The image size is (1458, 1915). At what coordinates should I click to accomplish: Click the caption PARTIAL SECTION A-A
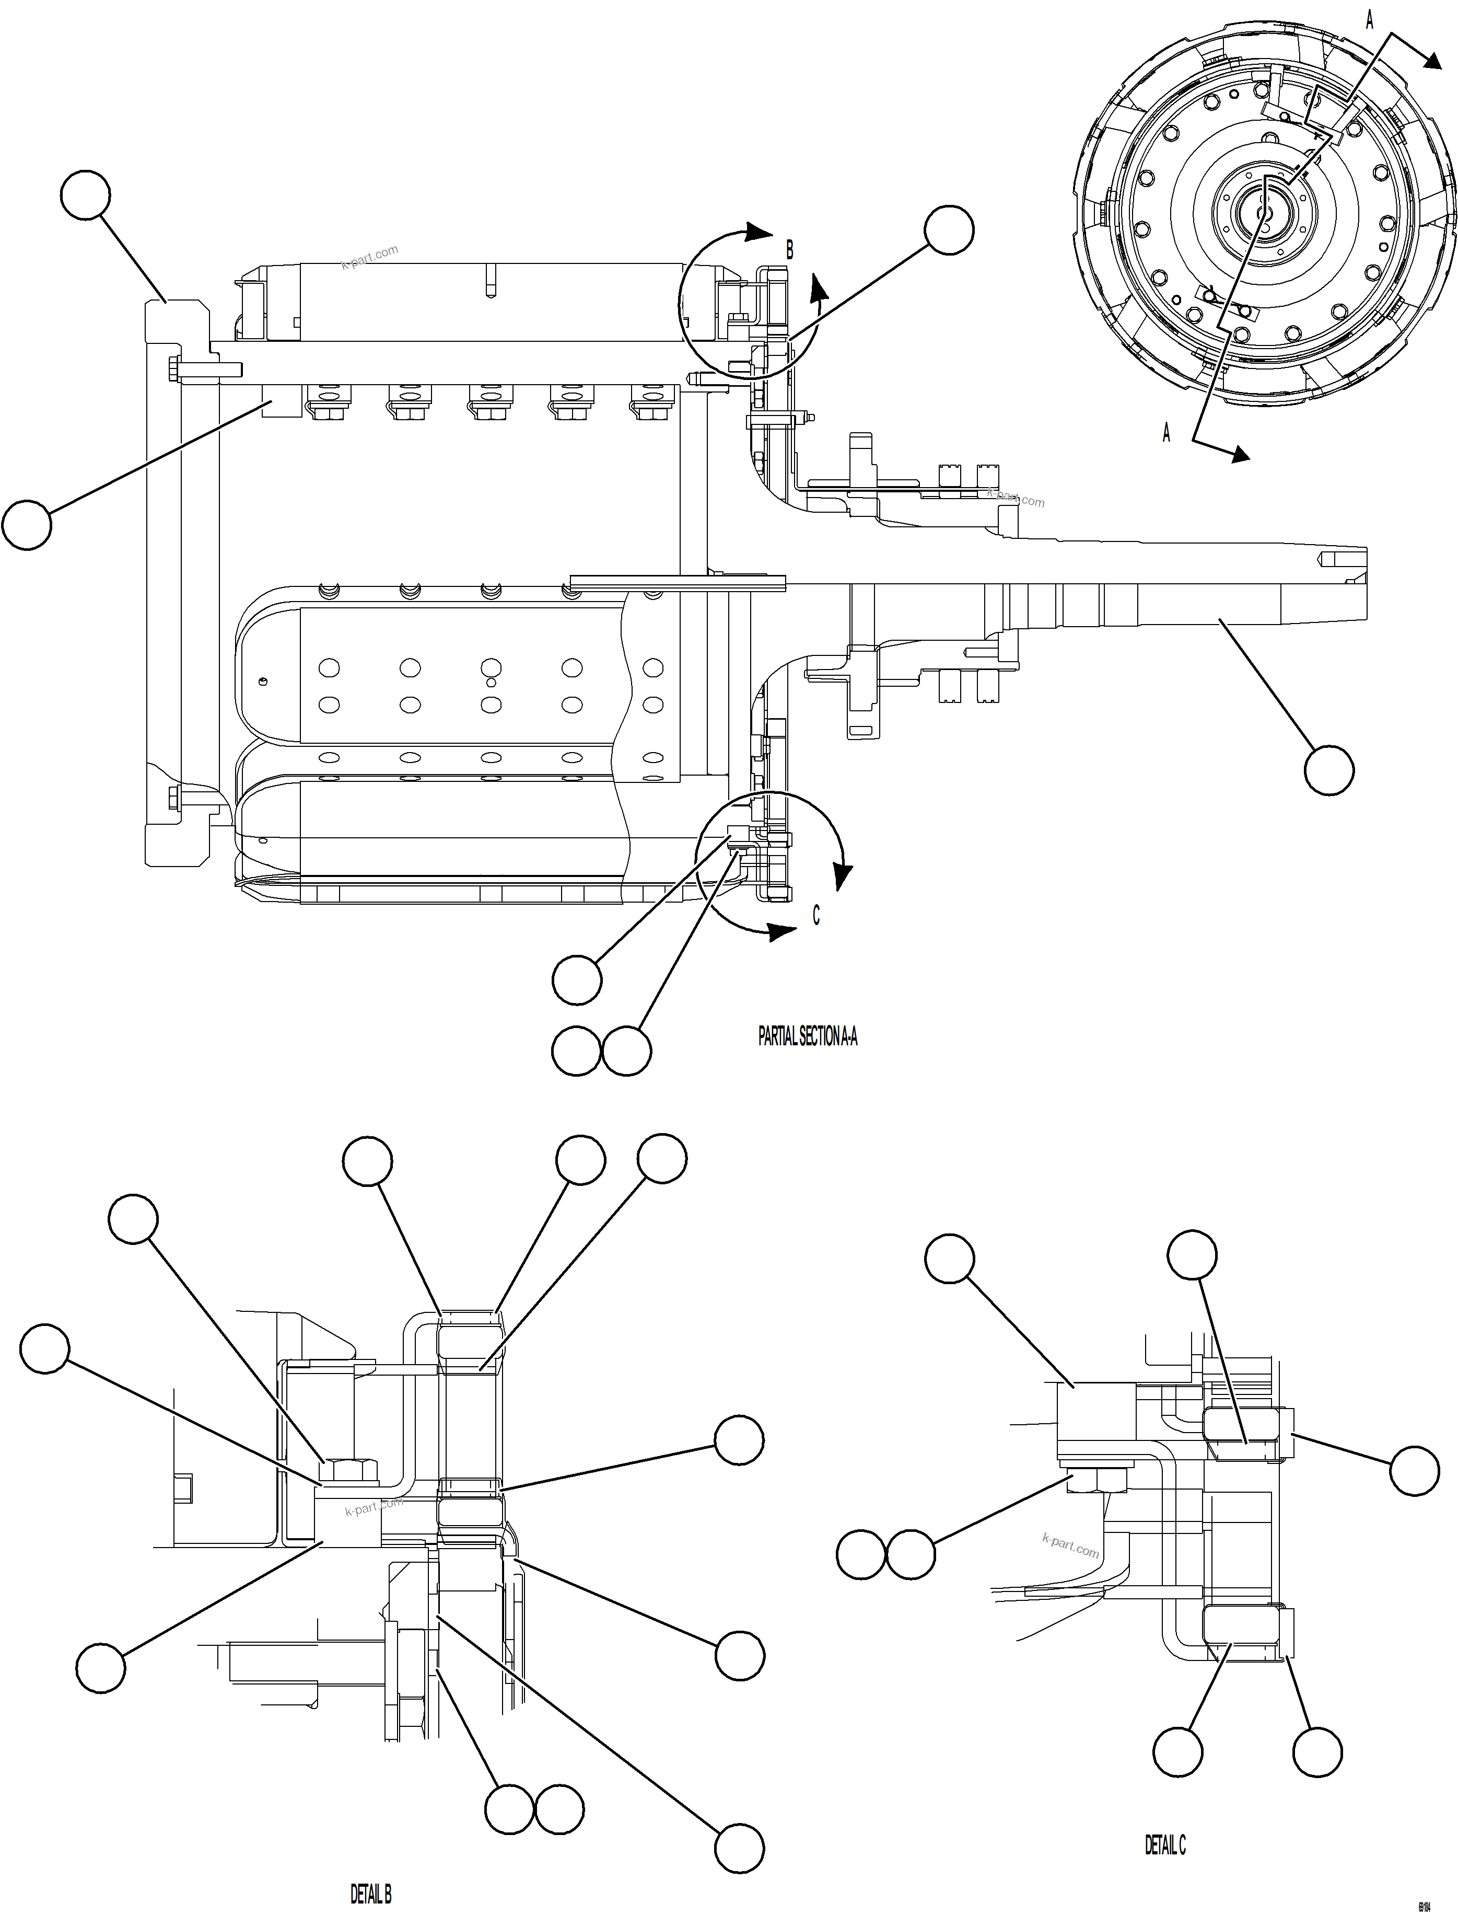click(807, 1035)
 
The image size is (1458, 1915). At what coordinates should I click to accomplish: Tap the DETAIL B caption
click(370, 1893)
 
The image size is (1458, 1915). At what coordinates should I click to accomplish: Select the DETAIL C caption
click(1164, 1844)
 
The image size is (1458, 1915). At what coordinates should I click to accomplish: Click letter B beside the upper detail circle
click(789, 250)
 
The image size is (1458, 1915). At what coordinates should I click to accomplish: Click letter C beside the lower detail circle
click(816, 915)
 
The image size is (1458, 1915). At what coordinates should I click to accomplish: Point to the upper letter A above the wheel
click(1370, 20)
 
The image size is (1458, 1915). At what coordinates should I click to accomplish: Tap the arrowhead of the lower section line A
click(1241, 453)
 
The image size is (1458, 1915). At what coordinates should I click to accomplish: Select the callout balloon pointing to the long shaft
click(1328, 770)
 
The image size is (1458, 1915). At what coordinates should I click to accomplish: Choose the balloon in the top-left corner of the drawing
click(86, 195)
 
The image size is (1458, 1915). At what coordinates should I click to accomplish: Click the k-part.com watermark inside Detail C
click(1070, 1545)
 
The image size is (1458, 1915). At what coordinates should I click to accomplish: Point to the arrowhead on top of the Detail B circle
click(760, 232)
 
